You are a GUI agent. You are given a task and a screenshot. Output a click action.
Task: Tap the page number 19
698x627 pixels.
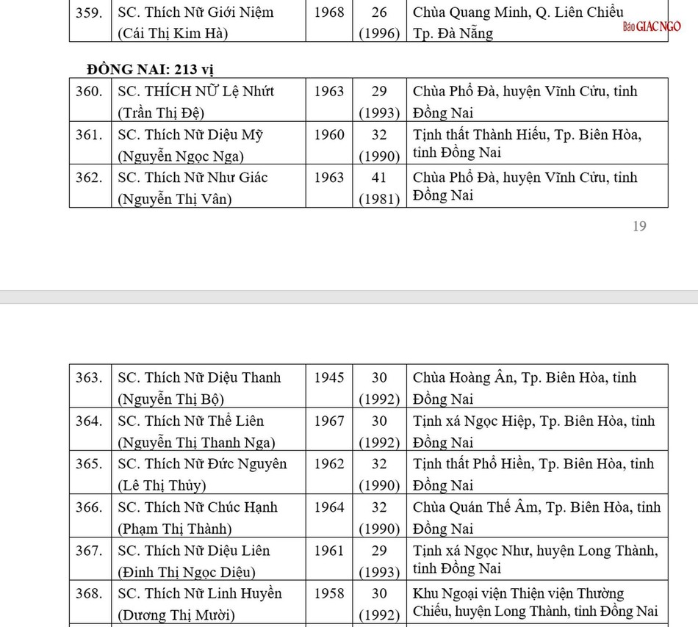click(639, 226)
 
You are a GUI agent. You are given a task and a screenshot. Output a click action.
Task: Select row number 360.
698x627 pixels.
click(89, 92)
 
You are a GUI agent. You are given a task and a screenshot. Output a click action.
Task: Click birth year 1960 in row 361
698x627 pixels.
click(329, 135)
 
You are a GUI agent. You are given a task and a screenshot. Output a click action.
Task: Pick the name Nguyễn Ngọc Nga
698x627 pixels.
click(181, 156)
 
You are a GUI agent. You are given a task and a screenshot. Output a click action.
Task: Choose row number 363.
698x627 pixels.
click(89, 378)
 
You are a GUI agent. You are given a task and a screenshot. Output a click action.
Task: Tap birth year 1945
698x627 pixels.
click(329, 378)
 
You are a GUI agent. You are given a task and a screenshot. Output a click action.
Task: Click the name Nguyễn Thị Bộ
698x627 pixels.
click(170, 399)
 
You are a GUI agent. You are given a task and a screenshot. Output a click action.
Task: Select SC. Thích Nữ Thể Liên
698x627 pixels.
click(190, 421)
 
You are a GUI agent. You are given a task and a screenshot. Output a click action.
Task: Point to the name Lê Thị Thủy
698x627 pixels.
click(162, 485)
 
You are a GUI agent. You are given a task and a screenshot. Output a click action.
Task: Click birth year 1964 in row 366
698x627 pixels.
click(329, 507)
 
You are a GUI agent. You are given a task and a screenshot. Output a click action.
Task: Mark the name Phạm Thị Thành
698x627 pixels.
click(175, 529)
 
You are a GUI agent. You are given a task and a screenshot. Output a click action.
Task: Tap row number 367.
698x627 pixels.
click(89, 551)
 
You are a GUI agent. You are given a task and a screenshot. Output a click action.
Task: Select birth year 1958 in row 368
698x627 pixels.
click(329, 593)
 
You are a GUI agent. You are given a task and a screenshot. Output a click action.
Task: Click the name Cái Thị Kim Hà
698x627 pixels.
click(173, 33)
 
